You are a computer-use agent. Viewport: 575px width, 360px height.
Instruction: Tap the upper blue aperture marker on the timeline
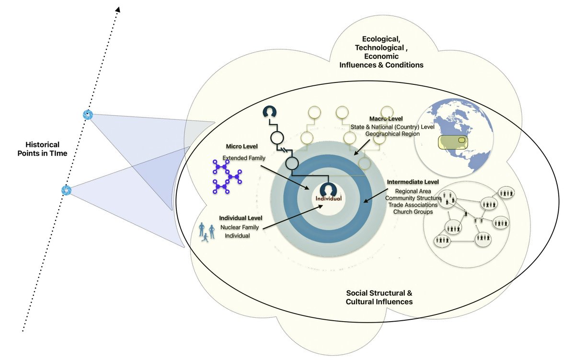point(87,114)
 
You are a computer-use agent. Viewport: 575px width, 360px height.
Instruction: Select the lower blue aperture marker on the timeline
point(66,190)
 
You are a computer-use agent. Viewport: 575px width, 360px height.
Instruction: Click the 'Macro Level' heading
point(386,118)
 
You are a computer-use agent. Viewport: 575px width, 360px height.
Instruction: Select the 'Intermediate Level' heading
point(412,182)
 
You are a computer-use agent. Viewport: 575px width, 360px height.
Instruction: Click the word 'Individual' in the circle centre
point(328,198)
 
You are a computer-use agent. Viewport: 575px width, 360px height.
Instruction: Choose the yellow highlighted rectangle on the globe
point(451,142)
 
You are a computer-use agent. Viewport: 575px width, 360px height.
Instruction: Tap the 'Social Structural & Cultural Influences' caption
point(379,297)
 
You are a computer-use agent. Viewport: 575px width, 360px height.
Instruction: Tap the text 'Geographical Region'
point(392,134)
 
